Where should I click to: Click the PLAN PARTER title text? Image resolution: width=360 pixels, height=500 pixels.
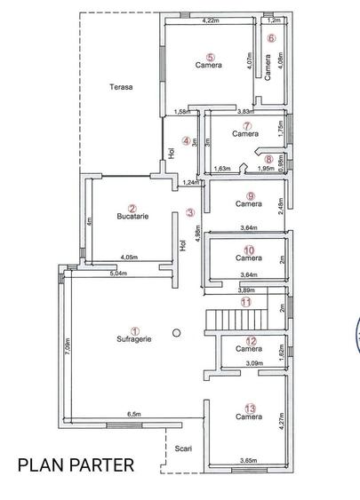[76, 464]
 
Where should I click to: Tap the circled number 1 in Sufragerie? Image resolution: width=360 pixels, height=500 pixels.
[135, 329]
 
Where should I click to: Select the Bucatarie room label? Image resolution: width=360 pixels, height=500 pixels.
[132, 216]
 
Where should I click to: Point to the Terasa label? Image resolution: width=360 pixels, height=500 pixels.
[121, 87]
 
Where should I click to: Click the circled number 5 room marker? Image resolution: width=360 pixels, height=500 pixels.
[210, 56]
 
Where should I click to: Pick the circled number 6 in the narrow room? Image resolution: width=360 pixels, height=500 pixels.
[272, 38]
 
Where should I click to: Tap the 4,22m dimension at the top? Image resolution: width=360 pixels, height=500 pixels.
[211, 20]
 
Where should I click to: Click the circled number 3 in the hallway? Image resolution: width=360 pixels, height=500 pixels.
[189, 212]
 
